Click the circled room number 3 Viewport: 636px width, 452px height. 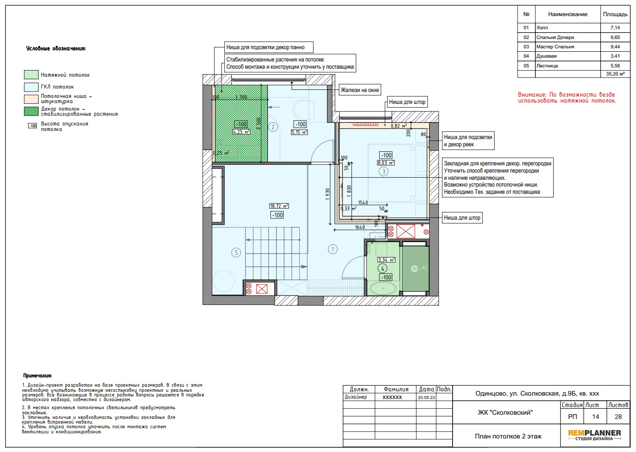click(383, 172)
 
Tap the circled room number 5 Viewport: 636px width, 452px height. click(236, 253)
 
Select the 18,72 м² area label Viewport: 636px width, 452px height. click(279, 206)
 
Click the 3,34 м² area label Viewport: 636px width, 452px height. click(386, 260)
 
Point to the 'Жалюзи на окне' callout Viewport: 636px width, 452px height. click(360, 90)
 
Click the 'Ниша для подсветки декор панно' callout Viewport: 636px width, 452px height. click(269, 47)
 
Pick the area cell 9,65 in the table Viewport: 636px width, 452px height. click(615, 37)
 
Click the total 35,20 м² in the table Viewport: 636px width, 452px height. click(615, 74)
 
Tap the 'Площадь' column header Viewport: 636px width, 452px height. click(615, 14)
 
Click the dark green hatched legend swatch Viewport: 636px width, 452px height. click(31, 112)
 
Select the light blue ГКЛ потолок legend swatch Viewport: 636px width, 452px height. click(31, 87)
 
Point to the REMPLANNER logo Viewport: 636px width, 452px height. click(594, 435)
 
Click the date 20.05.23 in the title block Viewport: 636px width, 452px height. click(426, 398)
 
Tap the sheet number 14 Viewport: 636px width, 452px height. click(595, 416)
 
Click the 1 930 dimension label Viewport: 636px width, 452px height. click(328, 194)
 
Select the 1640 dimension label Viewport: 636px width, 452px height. click(360, 227)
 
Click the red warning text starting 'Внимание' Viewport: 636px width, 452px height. click(567, 98)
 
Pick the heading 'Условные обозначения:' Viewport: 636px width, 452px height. click(56, 48)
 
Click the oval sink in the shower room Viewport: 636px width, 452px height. click(383, 288)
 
